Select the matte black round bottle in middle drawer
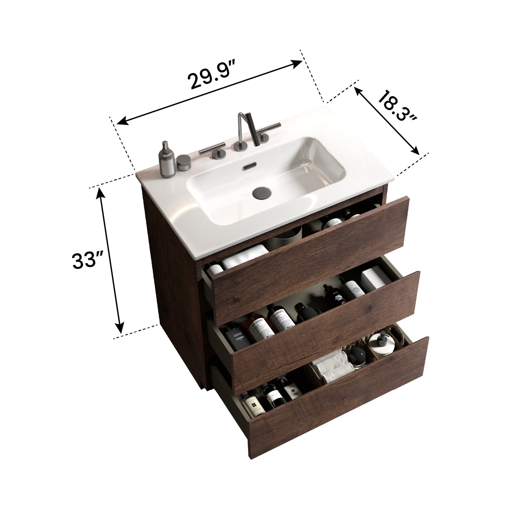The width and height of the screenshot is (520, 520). pos(302,312)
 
